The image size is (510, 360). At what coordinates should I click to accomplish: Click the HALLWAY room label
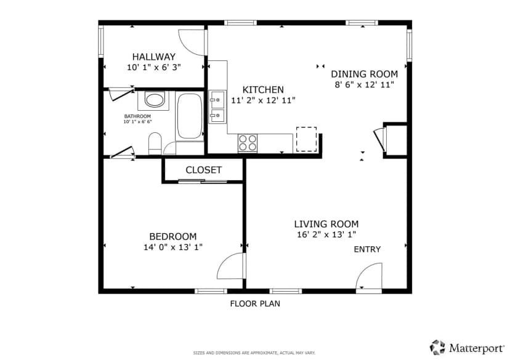pyautogui.click(x=154, y=57)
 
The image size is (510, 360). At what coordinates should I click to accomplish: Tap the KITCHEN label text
pyautogui.click(x=263, y=90)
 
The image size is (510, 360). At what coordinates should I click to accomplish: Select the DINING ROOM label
pyautogui.click(x=364, y=74)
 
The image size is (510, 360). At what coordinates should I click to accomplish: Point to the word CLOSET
pyautogui.click(x=204, y=170)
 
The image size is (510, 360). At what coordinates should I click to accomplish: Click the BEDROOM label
pyautogui.click(x=173, y=236)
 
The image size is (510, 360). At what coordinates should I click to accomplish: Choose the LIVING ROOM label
pyautogui.click(x=326, y=224)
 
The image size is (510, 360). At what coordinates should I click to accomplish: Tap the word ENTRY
pyautogui.click(x=367, y=249)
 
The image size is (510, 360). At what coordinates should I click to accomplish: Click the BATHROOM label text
pyautogui.click(x=137, y=116)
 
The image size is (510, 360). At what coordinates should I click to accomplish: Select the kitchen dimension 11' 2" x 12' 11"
pyautogui.click(x=263, y=100)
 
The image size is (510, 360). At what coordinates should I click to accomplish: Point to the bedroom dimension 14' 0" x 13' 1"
pyautogui.click(x=173, y=247)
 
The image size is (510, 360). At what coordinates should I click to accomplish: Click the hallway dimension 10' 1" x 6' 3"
pyautogui.click(x=154, y=68)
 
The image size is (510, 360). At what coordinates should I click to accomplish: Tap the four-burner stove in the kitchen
pyautogui.click(x=248, y=143)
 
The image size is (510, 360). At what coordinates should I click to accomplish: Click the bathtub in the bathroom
pyautogui.click(x=189, y=116)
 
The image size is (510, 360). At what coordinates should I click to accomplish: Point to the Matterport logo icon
pyautogui.click(x=437, y=348)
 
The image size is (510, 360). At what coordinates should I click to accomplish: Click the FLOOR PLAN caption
pyautogui.click(x=255, y=304)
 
